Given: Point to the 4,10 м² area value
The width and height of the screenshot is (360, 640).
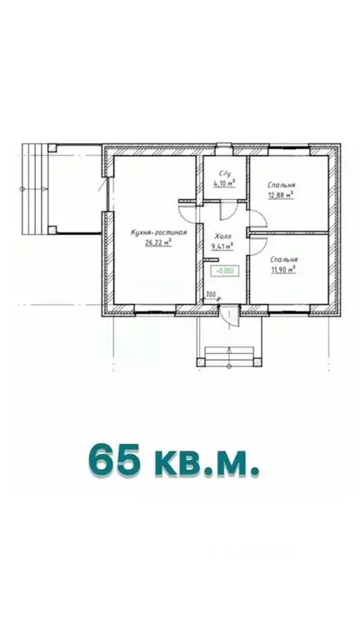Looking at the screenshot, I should tap(224, 182).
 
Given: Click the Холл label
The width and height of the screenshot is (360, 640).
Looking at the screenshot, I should tap(222, 237).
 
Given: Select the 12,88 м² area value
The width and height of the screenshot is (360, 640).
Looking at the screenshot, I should tap(283, 197).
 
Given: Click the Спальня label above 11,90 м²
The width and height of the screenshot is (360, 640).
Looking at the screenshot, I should tap(284, 260).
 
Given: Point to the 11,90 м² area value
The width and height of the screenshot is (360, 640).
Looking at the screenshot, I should tap(283, 269).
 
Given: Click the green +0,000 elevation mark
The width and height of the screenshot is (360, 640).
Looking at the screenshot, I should tap(225, 270).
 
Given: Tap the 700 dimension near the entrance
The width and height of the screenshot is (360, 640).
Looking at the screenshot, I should tap(210, 294).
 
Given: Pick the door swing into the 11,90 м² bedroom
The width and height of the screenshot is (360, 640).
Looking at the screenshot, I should tap(257, 242).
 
